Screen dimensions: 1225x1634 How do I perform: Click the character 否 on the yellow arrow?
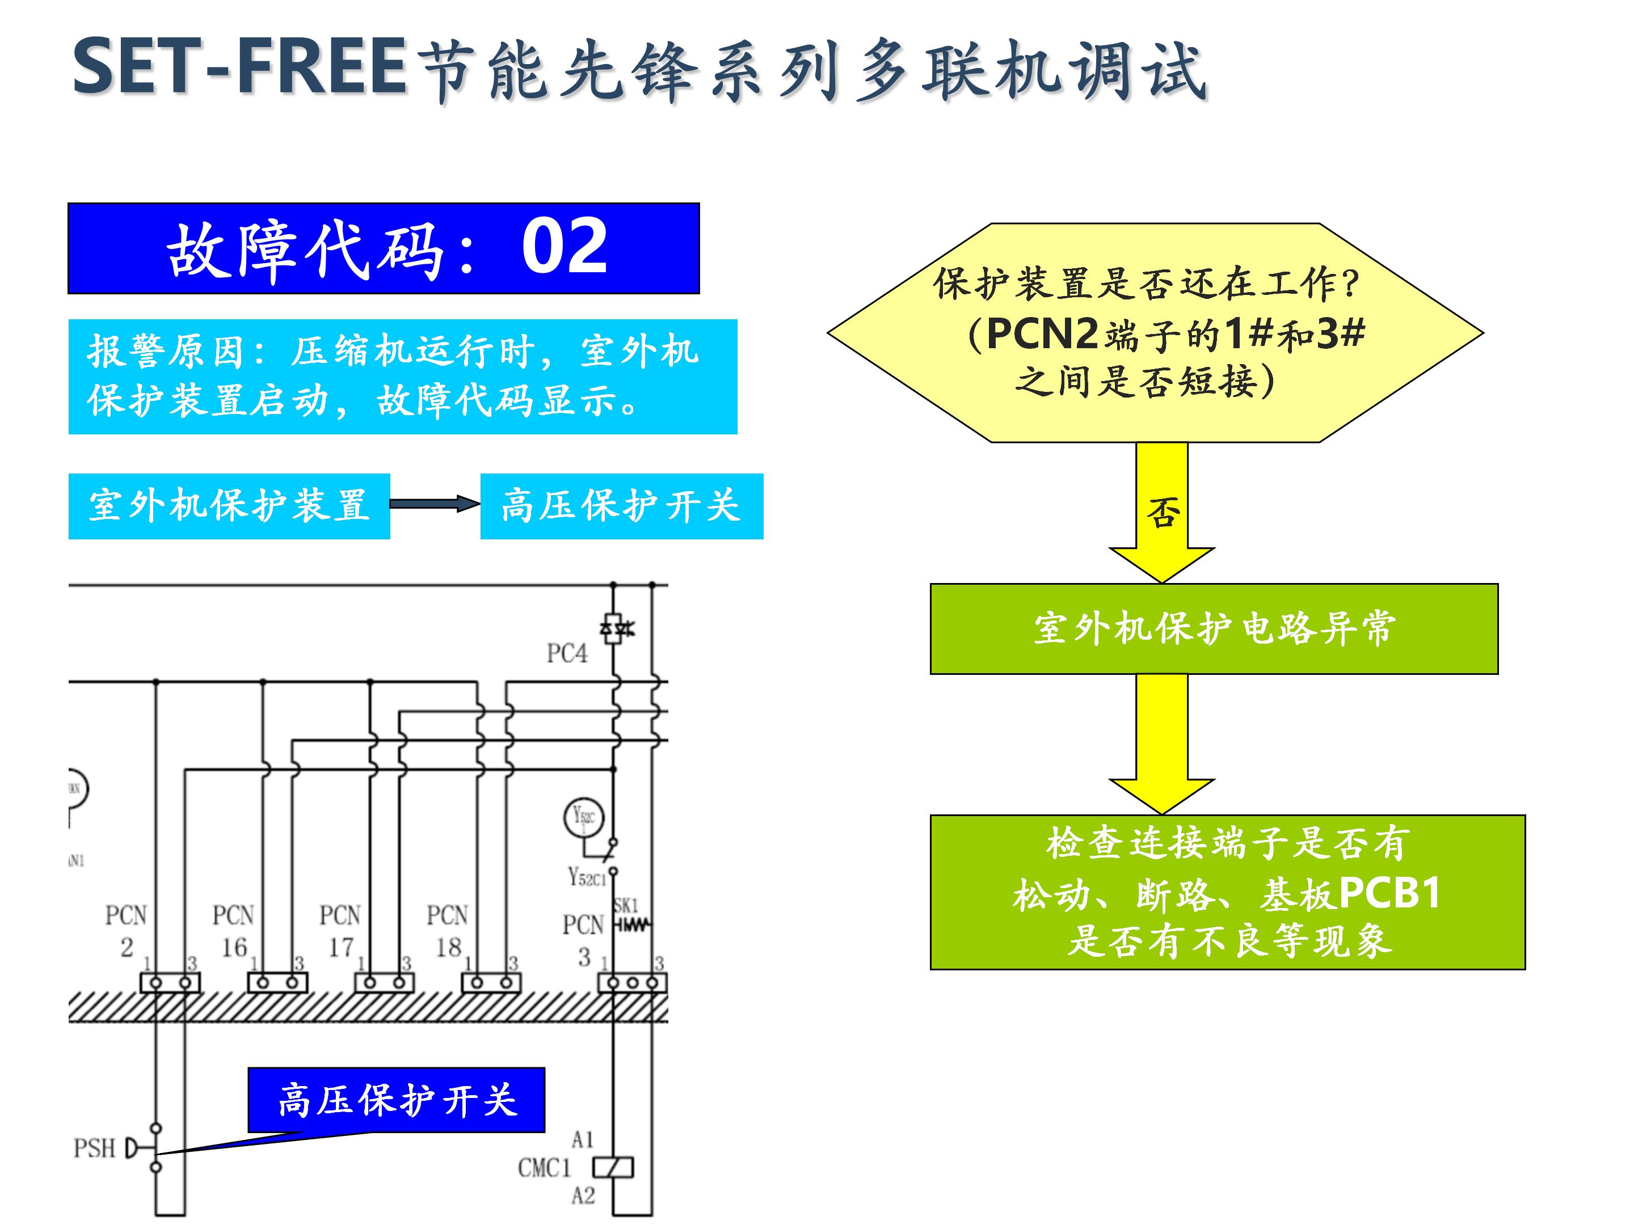[x=1162, y=512]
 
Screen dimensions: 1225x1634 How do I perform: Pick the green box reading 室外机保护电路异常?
[x=1214, y=628]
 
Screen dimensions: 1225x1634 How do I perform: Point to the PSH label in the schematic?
[x=95, y=1148]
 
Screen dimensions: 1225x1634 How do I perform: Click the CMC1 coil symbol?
[x=613, y=1167]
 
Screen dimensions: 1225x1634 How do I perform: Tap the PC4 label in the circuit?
[x=567, y=653]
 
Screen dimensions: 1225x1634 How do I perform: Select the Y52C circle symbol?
[x=584, y=817]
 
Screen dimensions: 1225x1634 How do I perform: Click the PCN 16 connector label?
[x=233, y=931]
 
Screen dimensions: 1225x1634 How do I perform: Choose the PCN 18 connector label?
[x=447, y=931]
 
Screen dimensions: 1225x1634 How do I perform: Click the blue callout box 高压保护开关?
[x=397, y=1100]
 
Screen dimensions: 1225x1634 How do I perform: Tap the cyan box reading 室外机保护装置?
[x=229, y=506]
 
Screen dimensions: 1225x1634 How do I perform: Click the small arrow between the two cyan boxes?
[x=435, y=504]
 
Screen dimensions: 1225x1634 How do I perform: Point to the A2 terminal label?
[x=582, y=1196]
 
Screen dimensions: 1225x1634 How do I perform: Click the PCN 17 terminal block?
[x=384, y=982]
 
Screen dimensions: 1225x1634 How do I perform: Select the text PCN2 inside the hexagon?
[x=1042, y=333]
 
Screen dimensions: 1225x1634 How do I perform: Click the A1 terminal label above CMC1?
[x=582, y=1139]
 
